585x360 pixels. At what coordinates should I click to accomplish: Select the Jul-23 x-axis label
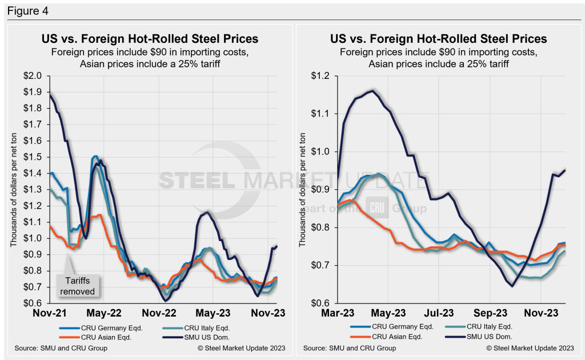tap(440, 313)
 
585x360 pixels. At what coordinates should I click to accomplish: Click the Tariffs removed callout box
tap(79, 286)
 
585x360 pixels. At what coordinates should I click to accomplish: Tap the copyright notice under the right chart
tap(530, 348)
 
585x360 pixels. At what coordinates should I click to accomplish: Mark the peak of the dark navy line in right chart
tap(374, 90)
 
